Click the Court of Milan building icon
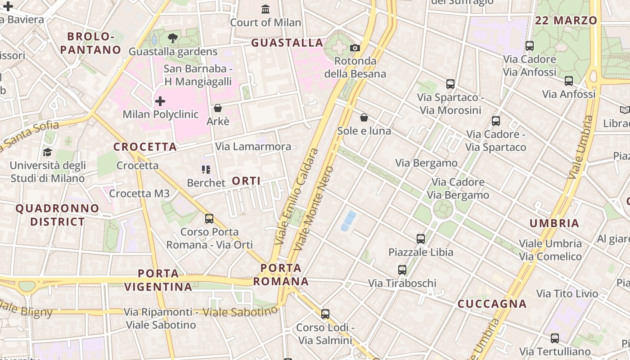265,9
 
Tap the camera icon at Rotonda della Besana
355,48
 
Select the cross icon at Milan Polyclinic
160,101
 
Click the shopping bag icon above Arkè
218,108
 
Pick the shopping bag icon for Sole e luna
364,117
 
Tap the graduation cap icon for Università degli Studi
47,152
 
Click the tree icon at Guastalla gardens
172,38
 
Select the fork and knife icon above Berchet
206,170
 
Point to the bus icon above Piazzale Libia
421,238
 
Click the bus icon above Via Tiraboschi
402,270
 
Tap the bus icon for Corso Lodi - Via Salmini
325,314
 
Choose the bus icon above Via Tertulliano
555,338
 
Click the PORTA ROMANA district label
281,275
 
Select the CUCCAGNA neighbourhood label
492,304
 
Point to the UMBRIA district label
554,224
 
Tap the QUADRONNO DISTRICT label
57,215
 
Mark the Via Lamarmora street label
253,147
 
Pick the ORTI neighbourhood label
246,181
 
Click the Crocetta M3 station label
139,193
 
